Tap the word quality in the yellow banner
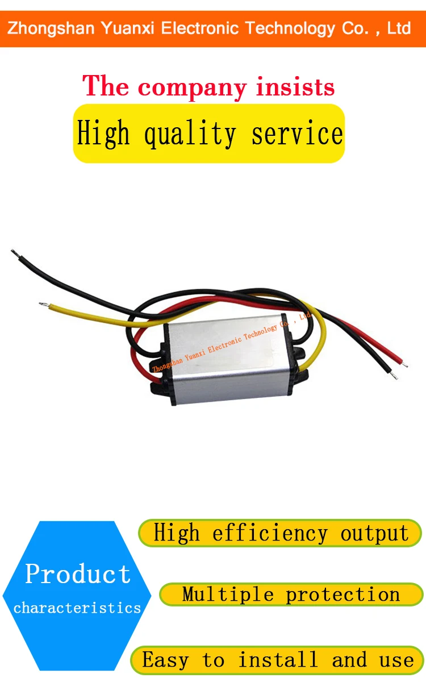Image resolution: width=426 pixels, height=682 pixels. point(190,134)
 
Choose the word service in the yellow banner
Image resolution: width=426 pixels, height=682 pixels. point(297,134)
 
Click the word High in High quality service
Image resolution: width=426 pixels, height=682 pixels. point(103,134)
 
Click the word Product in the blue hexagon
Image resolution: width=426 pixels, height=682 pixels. point(78,575)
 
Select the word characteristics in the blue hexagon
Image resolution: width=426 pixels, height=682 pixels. point(77,608)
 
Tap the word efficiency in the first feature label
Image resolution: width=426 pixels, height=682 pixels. point(270,534)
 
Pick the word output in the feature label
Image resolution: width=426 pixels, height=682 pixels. point(375,534)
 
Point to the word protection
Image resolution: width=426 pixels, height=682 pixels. point(343,594)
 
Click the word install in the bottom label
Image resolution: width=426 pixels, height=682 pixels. point(278,660)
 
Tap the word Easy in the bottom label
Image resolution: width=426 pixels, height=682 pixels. point(165,660)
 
